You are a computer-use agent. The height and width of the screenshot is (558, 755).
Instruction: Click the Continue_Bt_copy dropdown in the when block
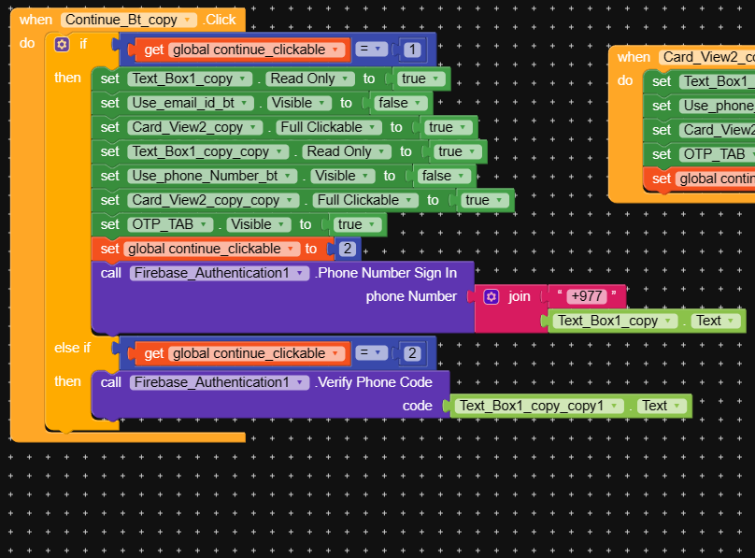pyautogui.click(x=129, y=20)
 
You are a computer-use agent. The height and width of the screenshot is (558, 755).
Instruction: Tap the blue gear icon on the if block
pyautogui.click(x=62, y=44)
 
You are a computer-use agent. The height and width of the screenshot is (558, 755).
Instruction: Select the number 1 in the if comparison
pyautogui.click(x=412, y=50)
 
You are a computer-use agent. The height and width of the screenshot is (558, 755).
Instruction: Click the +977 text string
pyautogui.click(x=587, y=296)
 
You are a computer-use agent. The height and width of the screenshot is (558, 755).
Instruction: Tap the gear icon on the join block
pyautogui.click(x=491, y=296)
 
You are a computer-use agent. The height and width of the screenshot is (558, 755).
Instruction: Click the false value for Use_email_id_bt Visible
pyautogui.click(x=400, y=103)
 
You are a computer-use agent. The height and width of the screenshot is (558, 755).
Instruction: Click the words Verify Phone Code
pyautogui.click(x=374, y=381)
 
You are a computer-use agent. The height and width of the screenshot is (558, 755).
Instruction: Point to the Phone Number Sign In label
pyautogui.click(x=386, y=273)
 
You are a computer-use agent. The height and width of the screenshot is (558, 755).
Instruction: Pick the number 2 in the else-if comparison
pyautogui.click(x=412, y=353)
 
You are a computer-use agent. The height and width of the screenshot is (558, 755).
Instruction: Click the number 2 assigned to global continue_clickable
pyautogui.click(x=347, y=249)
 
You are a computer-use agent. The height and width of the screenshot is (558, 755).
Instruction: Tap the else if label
pyautogui.click(x=73, y=348)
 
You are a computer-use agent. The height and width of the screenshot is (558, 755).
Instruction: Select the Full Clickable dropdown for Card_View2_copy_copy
pyautogui.click(x=358, y=200)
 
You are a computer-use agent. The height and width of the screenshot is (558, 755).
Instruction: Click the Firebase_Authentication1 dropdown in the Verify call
pyautogui.click(x=220, y=381)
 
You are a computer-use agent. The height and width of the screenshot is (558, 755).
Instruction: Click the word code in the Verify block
pyautogui.click(x=417, y=406)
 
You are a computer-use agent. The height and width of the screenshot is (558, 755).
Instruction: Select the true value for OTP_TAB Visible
pyautogui.click(x=354, y=224)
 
